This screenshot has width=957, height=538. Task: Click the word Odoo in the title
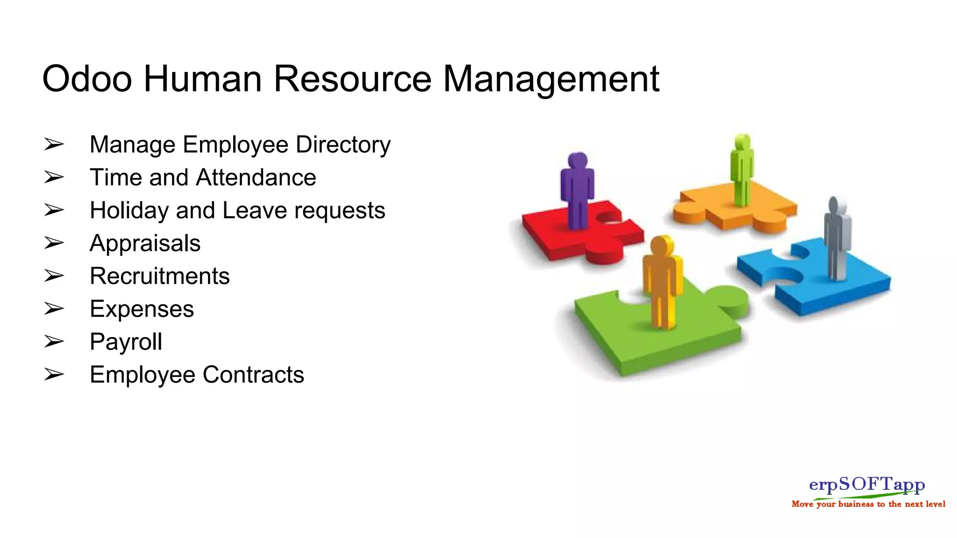pyautogui.click(x=87, y=79)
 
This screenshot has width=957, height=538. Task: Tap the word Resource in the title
pyautogui.click(x=352, y=79)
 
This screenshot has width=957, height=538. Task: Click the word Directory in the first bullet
pyautogui.click(x=343, y=145)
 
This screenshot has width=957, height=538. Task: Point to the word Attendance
pyautogui.click(x=256, y=178)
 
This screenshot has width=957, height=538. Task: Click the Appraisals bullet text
pyautogui.click(x=145, y=243)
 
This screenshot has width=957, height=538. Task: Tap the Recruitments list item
pyautogui.click(x=159, y=276)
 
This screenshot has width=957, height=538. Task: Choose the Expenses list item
pyautogui.click(x=142, y=309)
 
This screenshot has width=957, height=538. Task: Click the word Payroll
pyautogui.click(x=126, y=342)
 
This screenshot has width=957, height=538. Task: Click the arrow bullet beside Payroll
pyautogui.click(x=54, y=342)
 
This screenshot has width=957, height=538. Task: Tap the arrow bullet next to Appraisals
pyautogui.click(x=54, y=243)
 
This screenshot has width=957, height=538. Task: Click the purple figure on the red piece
pyautogui.click(x=578, y=191)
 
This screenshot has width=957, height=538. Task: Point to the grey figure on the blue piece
pyautogui.click(x=837, y=238)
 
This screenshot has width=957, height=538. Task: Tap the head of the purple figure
pyautogui.click(x=578, y=160)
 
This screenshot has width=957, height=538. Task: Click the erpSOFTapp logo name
pyautogui.click(x=867, y=484)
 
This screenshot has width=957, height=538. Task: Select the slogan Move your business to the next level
pyautogui.click(x=868, y=504)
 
